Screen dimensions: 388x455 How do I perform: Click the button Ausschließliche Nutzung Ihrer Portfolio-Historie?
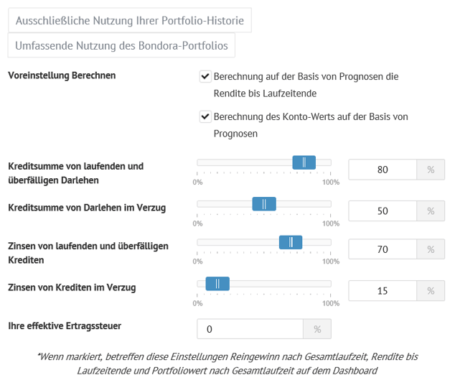130,21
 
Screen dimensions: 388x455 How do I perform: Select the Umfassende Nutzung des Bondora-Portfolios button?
121,45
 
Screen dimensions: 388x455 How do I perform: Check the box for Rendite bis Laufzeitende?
205,76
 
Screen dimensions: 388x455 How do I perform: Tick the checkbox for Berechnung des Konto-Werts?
205,116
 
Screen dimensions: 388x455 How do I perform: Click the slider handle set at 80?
304,162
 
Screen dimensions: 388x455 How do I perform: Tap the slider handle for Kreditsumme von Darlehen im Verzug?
264,204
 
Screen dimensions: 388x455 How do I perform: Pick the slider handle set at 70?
291,242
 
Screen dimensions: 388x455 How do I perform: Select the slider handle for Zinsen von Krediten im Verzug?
217,284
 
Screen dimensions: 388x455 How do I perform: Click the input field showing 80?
383,170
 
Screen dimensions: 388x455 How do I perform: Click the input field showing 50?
383,211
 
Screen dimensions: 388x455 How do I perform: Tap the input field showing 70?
383,249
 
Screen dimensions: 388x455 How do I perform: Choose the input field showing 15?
383,291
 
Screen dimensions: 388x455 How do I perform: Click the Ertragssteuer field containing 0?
250,329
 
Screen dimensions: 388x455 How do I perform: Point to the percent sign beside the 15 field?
431,291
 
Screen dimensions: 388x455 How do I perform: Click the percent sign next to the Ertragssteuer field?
317,329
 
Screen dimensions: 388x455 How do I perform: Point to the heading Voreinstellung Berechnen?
62,75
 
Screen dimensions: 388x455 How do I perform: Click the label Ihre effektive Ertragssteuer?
65,325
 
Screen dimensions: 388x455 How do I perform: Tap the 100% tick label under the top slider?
331,182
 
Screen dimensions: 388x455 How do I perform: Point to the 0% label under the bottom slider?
197,303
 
